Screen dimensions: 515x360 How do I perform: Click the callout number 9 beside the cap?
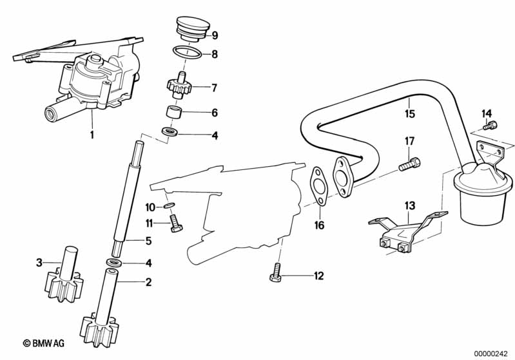(x=215, y=35)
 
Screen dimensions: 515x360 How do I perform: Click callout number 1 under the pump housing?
(x=92, y=134)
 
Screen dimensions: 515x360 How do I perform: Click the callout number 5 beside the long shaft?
(x=148, y=242)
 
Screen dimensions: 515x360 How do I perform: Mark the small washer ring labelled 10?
(x=169, y=206)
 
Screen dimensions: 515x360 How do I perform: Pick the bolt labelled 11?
(x=175, y=223)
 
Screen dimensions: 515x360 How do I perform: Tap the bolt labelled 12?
(x=275, y=272)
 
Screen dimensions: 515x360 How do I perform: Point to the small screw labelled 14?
(x=491, y=125)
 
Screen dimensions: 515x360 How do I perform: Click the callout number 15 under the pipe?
(x=410, y=113)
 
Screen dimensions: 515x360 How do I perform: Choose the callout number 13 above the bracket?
(x=410, y=206)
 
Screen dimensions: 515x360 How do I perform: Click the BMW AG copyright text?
(x=44, y=343)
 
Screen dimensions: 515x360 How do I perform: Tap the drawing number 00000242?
(x=492, y=354)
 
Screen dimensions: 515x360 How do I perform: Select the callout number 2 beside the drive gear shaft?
(x=148, y=282)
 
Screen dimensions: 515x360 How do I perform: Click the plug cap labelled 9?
(x=193, y=28)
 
